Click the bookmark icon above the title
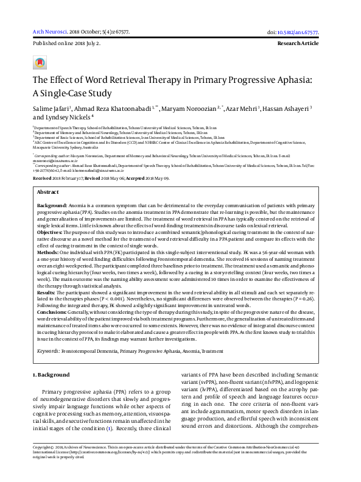tap(40, 63)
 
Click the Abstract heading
tap(48, 174)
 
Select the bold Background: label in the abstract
tap(52, 190)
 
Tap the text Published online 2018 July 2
tap(66, 44)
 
